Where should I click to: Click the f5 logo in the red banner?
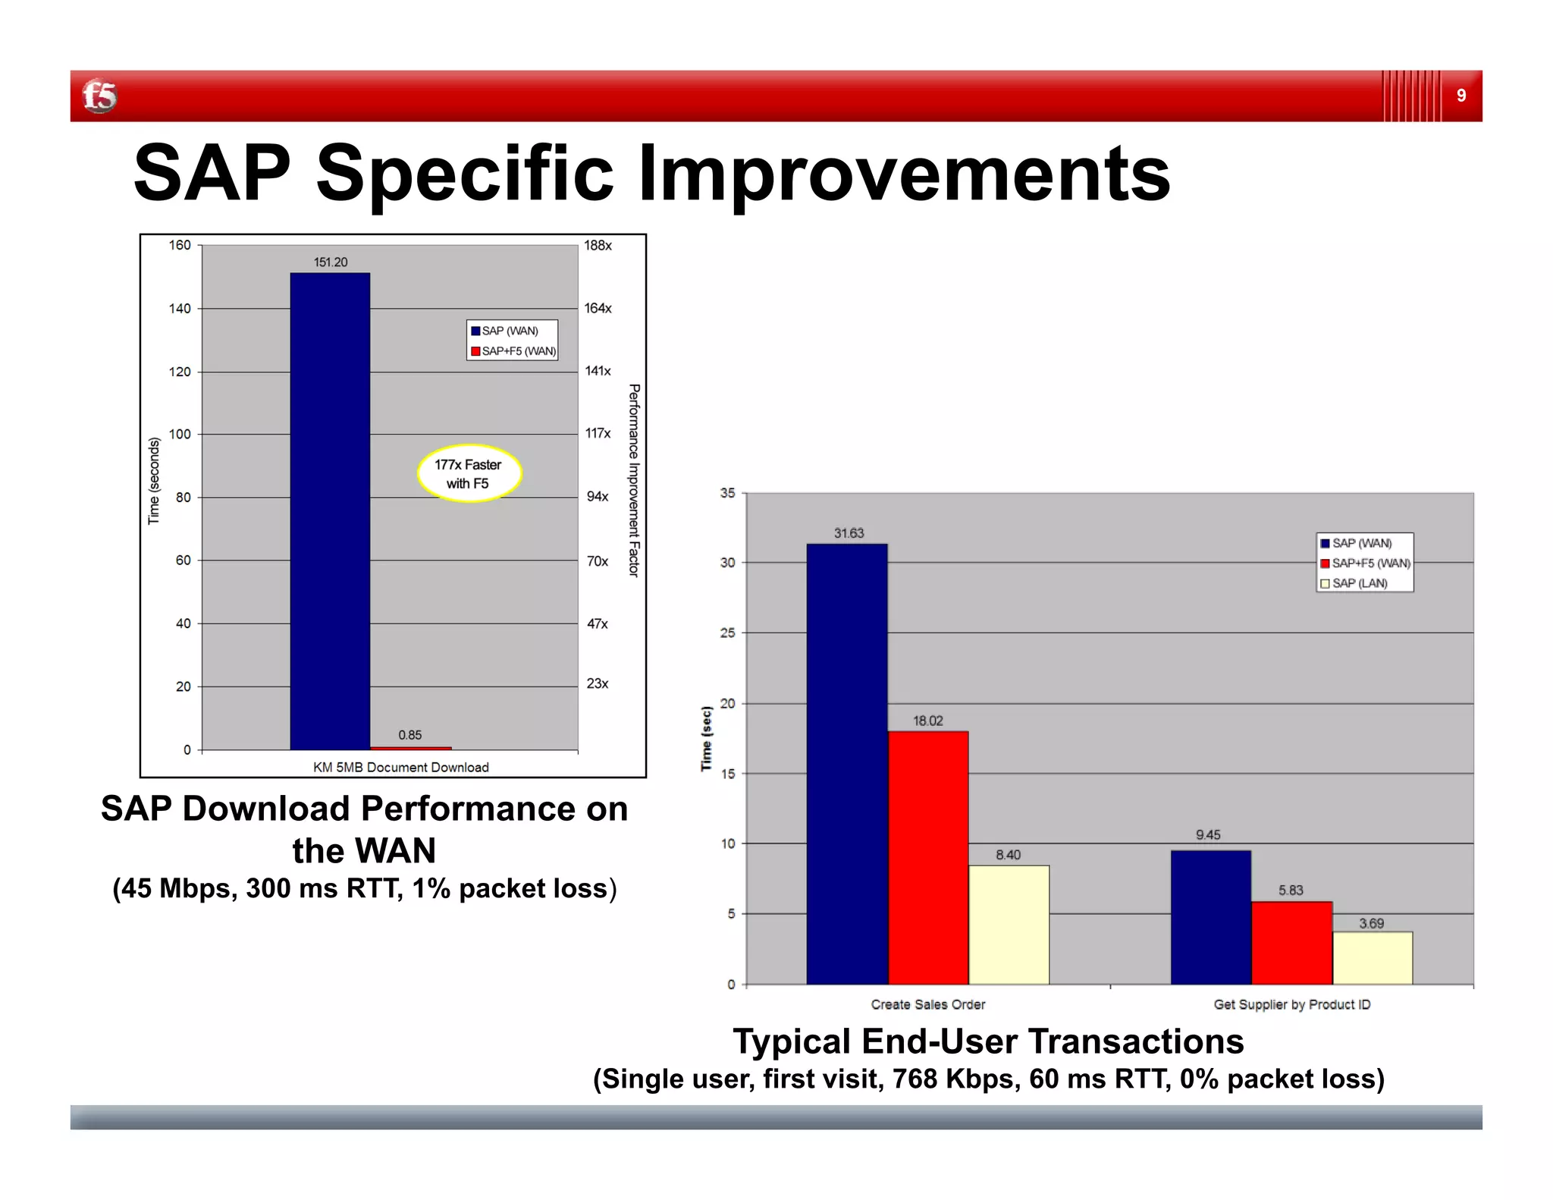pos(99,96)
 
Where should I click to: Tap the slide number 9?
pos(1460,96)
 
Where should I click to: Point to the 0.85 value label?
pos(409,735)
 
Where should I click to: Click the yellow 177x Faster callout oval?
pos(469,473)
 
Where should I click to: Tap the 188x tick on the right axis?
pos(598,246)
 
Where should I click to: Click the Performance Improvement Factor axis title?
pos(634,480)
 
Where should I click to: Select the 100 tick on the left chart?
pos(180,435)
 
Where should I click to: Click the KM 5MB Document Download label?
pos(400,767)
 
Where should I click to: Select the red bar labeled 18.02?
pos(928,857)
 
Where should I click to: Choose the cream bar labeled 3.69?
pos(1372,957)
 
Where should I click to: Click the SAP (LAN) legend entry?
pos(1359,583)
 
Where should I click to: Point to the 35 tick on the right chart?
pos(727,494)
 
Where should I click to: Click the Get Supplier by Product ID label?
pos(1291,1004)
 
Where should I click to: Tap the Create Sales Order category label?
pos(927,1004)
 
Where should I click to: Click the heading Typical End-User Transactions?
pos(987,1041)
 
